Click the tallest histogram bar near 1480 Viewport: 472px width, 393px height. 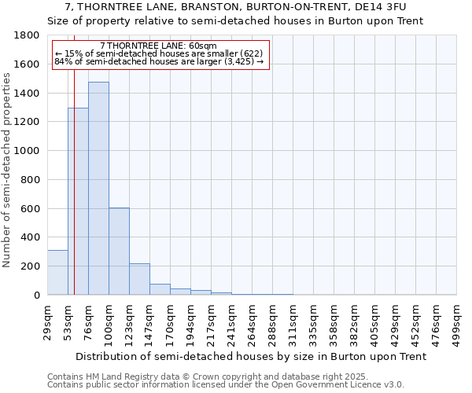coord(98,189)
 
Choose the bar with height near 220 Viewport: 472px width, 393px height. coord(139,279)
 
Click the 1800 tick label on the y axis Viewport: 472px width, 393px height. coord(28,35)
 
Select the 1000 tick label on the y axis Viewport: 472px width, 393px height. coord(28,151)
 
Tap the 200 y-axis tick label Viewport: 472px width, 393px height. coord(31,266)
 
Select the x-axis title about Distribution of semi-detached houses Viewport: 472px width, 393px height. coord(242,356)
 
